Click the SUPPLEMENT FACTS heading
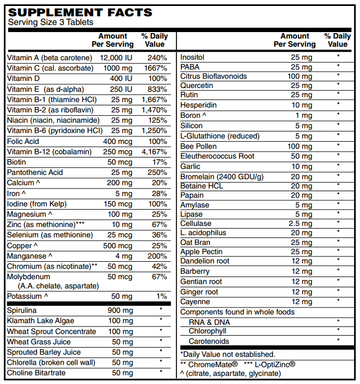click(x=80, y=12)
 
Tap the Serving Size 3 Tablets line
click(x=50, y=22)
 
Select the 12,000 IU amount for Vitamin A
click(x=116, y=57)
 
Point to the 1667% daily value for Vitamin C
click(x=156, y=68)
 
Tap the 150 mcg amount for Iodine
click(x=119, y=204)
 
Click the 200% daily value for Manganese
click(x=157, y=256)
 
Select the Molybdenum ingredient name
click(x=28, y=277)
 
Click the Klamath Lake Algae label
click(x=41, y=321)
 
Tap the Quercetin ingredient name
click(x=197, y=85)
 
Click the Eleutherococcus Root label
click(x=217, y=156)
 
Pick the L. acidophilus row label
click(x=203, y=232)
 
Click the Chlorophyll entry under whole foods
click(x=207, y=331)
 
